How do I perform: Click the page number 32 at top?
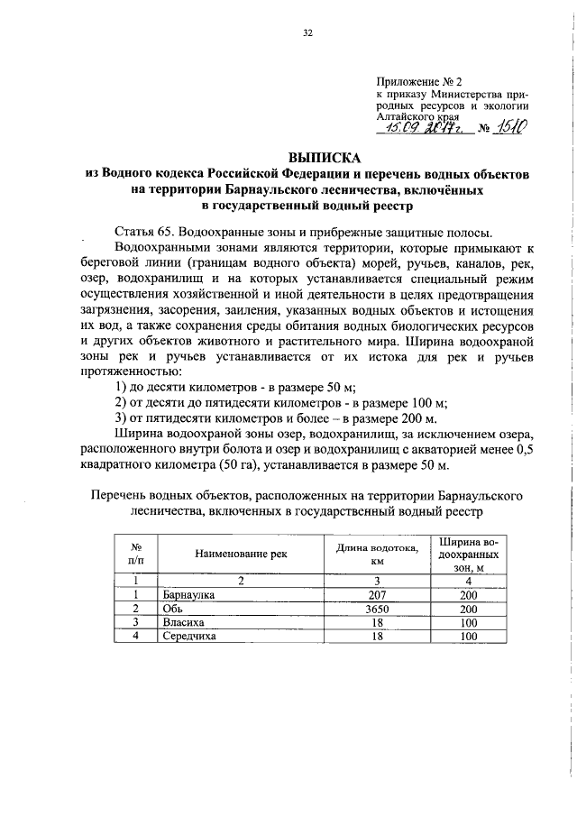point(307,33)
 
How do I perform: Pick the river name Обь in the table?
point(173,609)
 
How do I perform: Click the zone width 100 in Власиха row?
point(468,622)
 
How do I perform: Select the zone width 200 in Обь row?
point(468,609)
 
